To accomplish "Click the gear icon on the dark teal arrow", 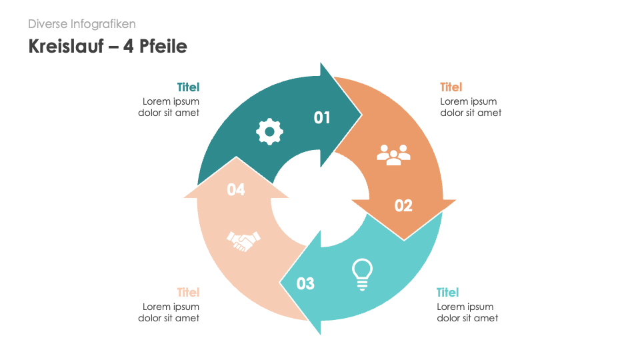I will [269, 131].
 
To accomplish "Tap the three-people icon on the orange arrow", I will [393, 154].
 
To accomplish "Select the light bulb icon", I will [362, 274].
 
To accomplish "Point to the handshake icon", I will [244, 240].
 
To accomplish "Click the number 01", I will [322, 118].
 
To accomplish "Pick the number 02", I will [403, 205].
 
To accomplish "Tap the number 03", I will [305, 284].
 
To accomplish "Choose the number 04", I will [236, 190].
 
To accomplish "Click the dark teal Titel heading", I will [188, 87].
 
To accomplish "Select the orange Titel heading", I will [451, 87].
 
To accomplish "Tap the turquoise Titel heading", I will [447, 293].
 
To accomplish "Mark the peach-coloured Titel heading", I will [188, 293].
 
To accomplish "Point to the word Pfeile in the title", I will [162, 46].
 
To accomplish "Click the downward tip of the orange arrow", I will [404, 238].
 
